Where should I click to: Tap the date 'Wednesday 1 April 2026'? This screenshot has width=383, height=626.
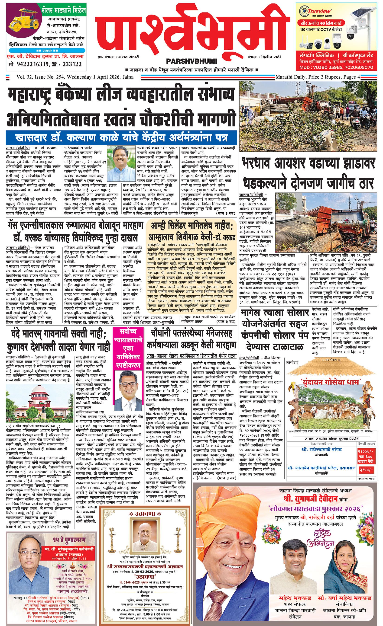tap(93, 77)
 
